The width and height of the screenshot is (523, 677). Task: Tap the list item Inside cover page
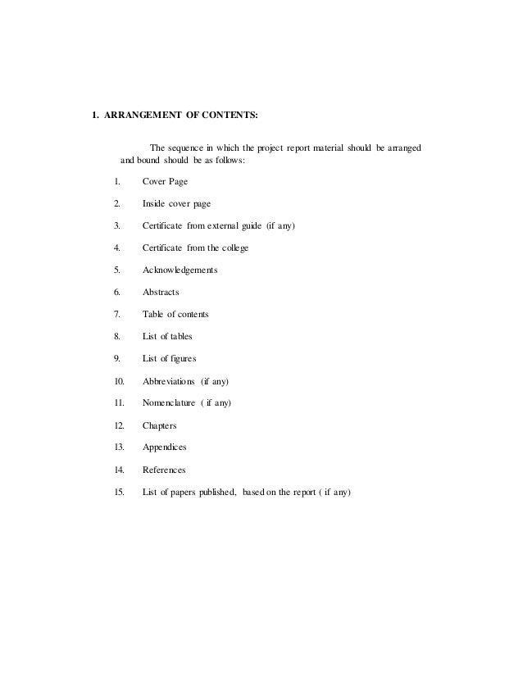tap(180, 203)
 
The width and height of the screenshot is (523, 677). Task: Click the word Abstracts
tap(161, 292)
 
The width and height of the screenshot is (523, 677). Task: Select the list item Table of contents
tap(175, 314)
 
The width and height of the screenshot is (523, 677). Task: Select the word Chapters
tap(160, 425)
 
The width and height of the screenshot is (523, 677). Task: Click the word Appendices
tap(165, 448)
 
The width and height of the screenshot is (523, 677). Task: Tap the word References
tap(164, 470)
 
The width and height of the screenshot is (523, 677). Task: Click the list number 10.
tap(119, 381)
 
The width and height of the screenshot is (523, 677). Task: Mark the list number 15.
tap(119, 492)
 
